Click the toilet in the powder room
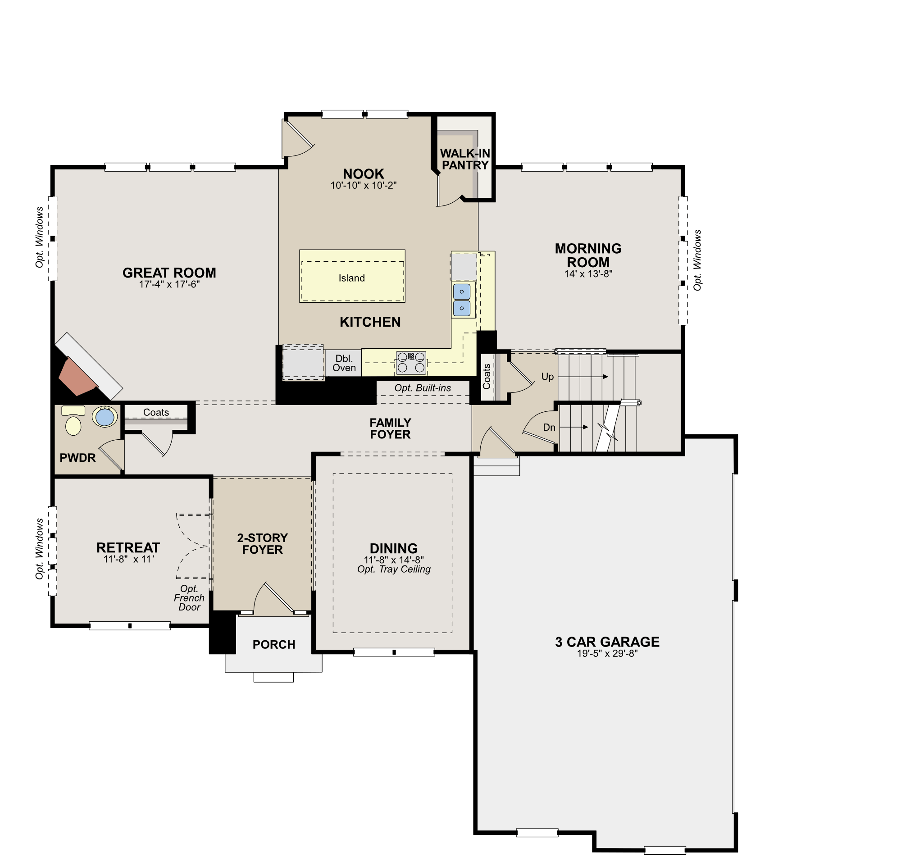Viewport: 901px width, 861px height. click(x=73, y=421)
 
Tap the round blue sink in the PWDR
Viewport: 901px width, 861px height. click(x=105, y=417)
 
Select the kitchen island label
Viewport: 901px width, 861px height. click(x=351, y=278)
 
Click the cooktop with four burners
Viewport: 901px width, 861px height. click(x=411, y=363)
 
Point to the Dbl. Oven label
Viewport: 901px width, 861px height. click(x=344, y=363)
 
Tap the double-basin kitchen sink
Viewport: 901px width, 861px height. click(x=461, y=300)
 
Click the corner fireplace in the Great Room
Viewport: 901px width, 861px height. click(x=78, y=376)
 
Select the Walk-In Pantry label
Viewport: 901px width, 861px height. click(x=465, y=159)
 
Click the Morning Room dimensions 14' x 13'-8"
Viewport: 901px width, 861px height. click(x=588, y=274)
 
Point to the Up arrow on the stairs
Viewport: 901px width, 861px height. click(x=583, y=377)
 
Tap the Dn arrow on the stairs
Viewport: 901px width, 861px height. click(x=574, y=427)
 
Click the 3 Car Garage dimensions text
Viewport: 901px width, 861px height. click(x=607, y=654)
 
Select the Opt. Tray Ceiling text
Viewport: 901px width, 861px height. click(x=394, y=569)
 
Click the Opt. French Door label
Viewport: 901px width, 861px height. click(x=189, y=598)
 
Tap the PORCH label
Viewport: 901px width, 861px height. click(x=273, y=645)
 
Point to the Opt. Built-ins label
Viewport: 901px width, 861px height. click(x=423, y=388)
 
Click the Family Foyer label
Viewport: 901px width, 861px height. click(x=390, y=428)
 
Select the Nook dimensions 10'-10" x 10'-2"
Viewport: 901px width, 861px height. click(x=364, y=186)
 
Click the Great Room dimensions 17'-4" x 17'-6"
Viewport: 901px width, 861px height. click(x=169, y=285)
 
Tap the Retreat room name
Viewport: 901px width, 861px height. click(x=128, y=547)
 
